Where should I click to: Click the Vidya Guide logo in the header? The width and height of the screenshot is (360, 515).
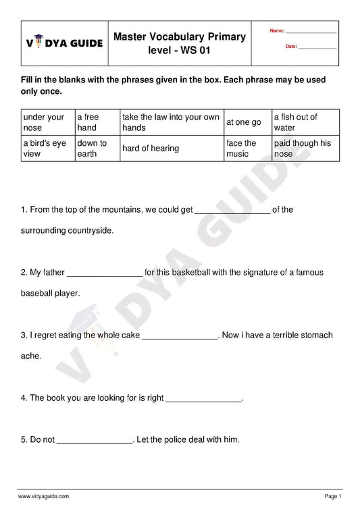point(64,43)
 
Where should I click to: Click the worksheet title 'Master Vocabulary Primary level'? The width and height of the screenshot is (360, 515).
point(179,43)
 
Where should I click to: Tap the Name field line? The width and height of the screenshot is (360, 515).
point(311,32)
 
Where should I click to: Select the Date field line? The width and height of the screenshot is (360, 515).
point(317,47)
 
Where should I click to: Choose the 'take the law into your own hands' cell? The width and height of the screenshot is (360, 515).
point(171,122)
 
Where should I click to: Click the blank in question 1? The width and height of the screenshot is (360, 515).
point(232,211)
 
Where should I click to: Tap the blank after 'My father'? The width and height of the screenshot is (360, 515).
point(105,273)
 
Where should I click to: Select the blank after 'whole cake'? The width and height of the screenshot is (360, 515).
point(181,336)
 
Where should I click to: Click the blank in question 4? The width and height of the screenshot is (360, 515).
point(203,399)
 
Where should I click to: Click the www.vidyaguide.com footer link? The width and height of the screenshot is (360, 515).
point(44,496)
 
